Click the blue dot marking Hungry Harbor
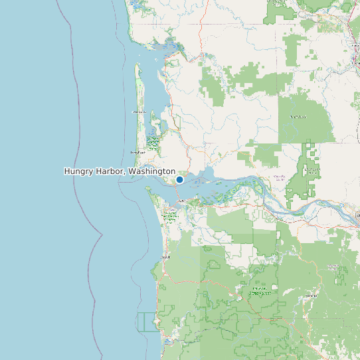coord(179,179)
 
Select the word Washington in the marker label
coord(152,171)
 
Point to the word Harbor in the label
coord(111,171)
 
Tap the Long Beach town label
coord(137,152)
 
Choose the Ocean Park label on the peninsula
coord(139,112)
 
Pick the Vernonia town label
coord(310,295)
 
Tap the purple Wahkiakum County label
coord(279,177)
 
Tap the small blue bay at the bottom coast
coord(169,341)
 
